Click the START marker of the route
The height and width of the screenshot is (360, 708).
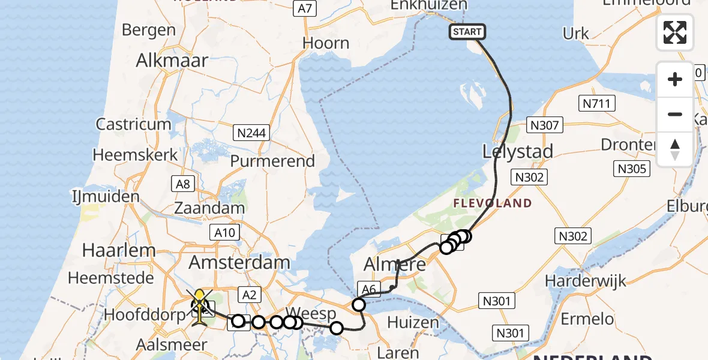467,32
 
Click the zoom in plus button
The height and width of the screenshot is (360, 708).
675,79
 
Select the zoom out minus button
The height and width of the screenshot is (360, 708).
675,114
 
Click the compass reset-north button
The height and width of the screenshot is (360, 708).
675,149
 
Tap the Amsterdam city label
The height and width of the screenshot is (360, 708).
239,262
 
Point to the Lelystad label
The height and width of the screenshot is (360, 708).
518,152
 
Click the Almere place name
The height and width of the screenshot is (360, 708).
395,264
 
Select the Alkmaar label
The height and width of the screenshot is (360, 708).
172,60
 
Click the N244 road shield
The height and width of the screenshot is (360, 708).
252,133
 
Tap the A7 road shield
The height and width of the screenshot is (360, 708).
305,8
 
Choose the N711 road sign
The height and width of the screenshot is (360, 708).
598,104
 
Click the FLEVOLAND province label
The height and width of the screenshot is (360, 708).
492,203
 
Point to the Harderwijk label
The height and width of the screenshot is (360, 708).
586,280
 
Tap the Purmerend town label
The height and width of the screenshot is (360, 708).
272,161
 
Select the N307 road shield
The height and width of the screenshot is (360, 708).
545,125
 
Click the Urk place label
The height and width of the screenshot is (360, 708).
576,34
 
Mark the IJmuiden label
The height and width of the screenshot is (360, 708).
105,196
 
